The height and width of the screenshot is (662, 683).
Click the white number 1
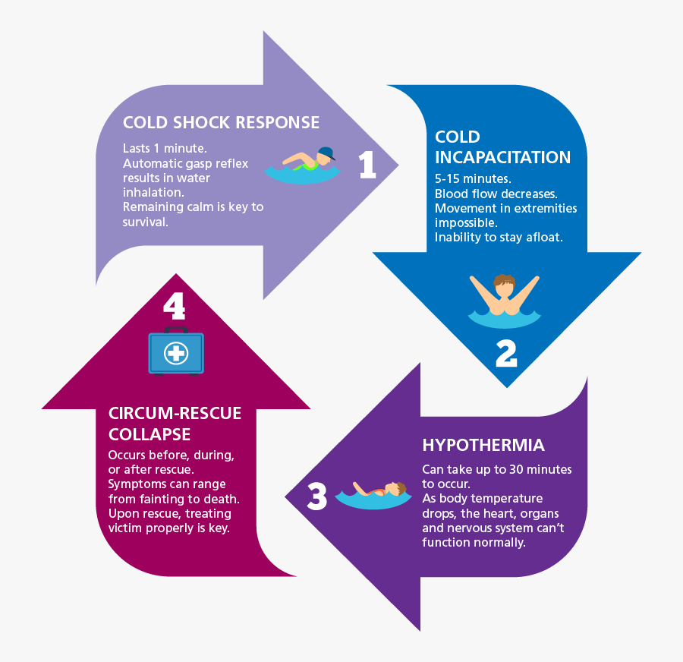click(x=367, y=165)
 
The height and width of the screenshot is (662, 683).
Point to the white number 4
click(x=174, y=306)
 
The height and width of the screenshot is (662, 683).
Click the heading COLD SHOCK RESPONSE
click(x=221, y=123)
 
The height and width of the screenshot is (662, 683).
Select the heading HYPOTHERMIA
click(x=483, y=445)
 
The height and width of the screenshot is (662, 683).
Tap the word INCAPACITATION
click(x=502, y=158)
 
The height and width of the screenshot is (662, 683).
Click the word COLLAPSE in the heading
click(x=149, y=434)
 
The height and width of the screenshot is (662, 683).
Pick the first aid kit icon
click(x=176, y=351)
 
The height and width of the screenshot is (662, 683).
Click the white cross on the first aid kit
click(x=176, y=353)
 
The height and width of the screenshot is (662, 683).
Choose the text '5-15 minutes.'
click(x=473, y=179)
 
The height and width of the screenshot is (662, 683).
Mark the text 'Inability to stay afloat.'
click(x=499, y=238)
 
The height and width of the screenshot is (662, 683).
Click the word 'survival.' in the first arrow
click(x=144, y=221)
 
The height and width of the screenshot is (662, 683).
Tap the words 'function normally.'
click(x=474, y=542)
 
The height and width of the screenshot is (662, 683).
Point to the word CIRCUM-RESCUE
click(x=175, y=414)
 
